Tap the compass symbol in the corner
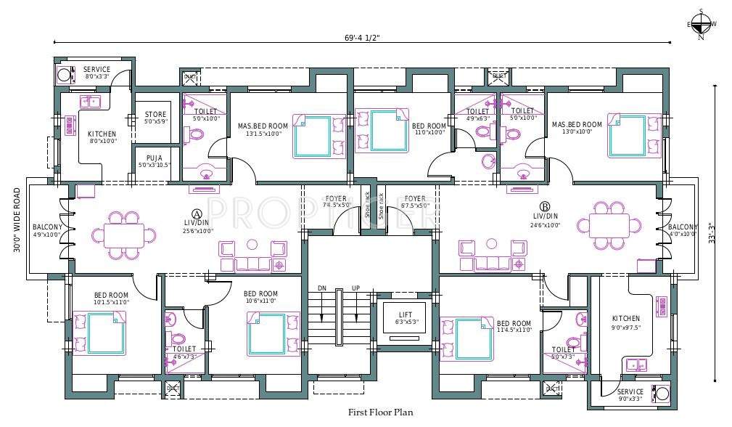(700, 25)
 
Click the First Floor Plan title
(380, 412)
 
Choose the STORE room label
(155, 118)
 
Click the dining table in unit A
(123, 235)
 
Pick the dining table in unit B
(609, 225)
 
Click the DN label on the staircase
(322, 288)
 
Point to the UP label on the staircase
(355, 288)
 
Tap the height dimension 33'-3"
(719, 233)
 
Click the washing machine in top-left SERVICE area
(65, 74)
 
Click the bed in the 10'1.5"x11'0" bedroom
(100, 333)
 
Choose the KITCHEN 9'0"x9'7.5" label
(625, 322)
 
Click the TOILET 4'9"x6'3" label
(477, 115)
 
